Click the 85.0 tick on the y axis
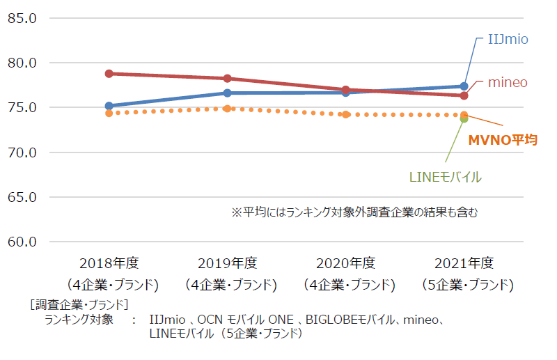[x=22, y=18]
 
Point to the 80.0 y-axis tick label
[x=22, y=63]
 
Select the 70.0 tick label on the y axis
[x=22, y=152]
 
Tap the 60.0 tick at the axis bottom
[x=22, y=242]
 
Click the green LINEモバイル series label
[x=446, y=177]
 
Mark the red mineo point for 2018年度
[x=109, y=73]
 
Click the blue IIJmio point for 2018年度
[x=109, y=106]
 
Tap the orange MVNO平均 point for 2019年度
[x=228, y=109]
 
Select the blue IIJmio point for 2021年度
[x=464, y=86]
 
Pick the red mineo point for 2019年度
[x=228, y=78]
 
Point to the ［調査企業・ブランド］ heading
[x=79, y=304]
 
